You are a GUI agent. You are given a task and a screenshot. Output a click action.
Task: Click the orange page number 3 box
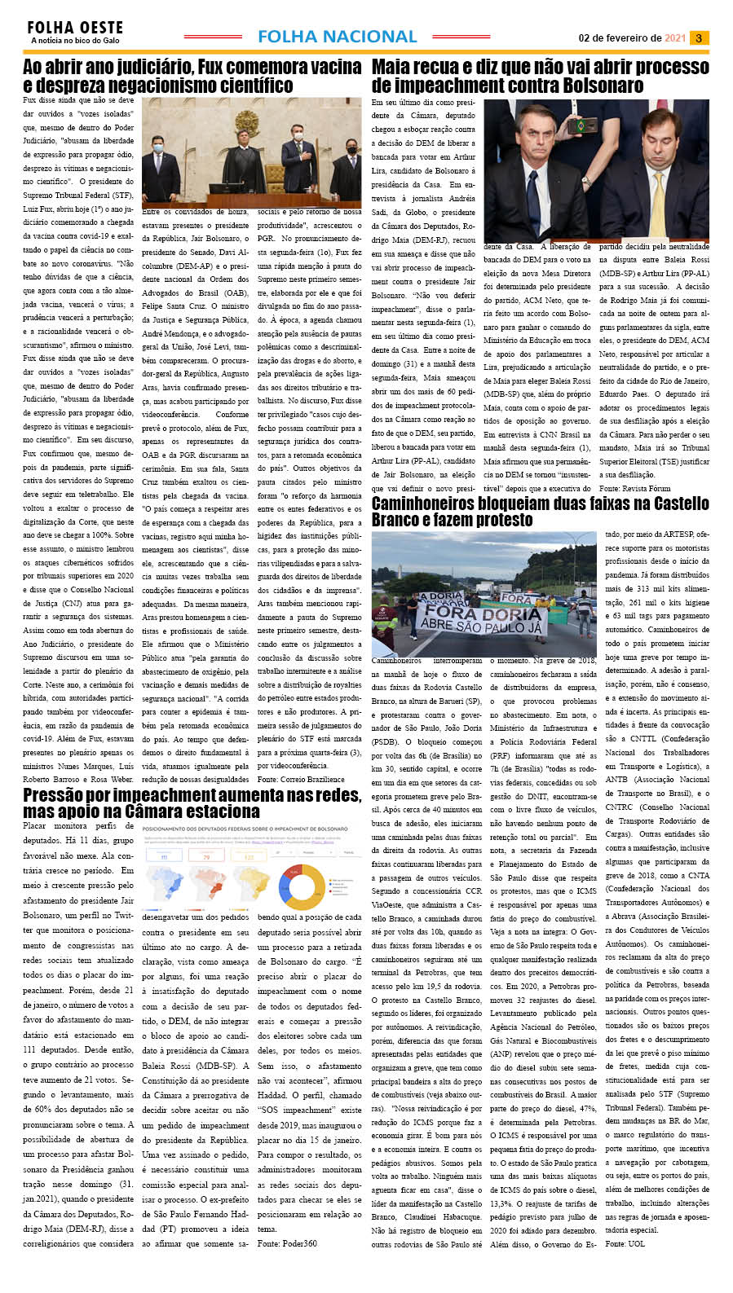pyautogui.click(x=699, y=38)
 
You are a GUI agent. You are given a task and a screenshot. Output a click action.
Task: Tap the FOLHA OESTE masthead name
pyautogui.click(x=75, y=28)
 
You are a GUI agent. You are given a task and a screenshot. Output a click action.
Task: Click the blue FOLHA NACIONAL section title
pyautogui.click(x=337, y=37)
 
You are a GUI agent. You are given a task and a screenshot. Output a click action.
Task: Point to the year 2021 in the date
pyautogui.click(x=675, y=38)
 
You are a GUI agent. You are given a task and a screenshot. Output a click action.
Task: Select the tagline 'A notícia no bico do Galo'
pyautogui.click(x=75, y=41)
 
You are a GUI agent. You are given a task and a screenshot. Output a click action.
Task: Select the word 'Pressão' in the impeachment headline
pyautogui.click(x=53, y=795)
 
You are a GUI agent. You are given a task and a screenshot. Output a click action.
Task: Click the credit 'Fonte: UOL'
pyautogui.click(x=625, y=1244)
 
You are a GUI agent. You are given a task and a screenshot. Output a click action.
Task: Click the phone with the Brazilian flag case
pyautogui.click(x=581, y=126)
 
